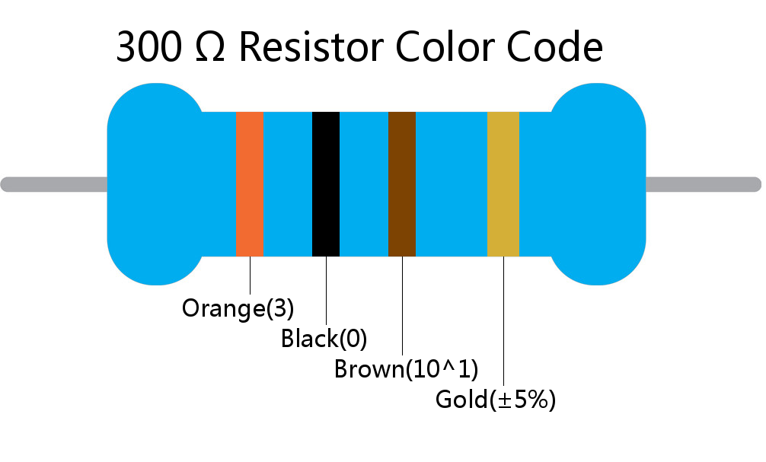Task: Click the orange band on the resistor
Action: click(x=250, y=184)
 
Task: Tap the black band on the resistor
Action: click(x=326, y=184)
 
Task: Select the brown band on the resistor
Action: click(x=402, y=184)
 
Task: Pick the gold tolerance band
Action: click(x=503, y=184)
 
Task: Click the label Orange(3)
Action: click(x=238, y=309)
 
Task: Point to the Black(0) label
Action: click(x=324, y=339)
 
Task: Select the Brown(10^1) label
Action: click(x=406, y=368)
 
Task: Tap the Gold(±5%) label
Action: click(x=496, y=400)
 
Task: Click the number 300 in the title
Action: click(x=149, y=47)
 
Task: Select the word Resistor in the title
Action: click(x=311, y=46)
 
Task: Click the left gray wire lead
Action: click(x=54, y=185)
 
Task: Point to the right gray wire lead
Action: click(x=704, y=185)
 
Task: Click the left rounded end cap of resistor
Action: click(x=155, y=184)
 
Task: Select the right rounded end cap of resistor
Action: click(x=598, y=184)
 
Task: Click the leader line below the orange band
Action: click(x=250, y=276)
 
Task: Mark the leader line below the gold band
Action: click(x=503, y=321)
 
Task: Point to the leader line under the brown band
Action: click(x=403, y=306)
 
